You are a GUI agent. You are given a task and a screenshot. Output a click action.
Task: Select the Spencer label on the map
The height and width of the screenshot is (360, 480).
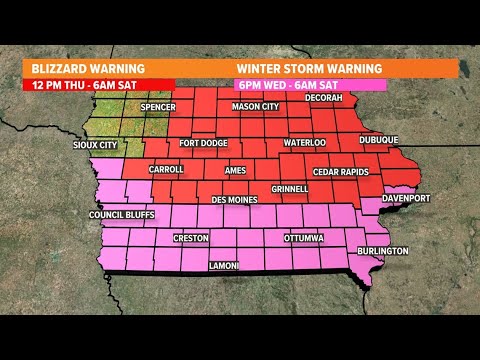click(x=158, y=107)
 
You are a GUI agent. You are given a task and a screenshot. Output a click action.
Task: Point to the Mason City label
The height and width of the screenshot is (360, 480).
click(x=255, y=107)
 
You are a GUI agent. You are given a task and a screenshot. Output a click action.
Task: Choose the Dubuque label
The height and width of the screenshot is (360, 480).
click(x=378, y=140)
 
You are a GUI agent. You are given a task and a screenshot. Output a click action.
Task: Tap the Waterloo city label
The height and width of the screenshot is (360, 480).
click(x=304, y=143)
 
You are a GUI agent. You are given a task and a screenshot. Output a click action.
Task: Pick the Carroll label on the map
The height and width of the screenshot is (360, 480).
click(x=166, y=169)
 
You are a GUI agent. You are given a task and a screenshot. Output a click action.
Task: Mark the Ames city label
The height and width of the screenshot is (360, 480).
click(x=235, y=171)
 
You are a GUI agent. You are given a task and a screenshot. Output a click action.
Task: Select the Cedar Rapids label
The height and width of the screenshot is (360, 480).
click(x=341, y=171)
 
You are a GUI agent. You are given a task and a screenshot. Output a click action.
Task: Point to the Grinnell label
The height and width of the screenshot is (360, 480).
click(x=289, y=188)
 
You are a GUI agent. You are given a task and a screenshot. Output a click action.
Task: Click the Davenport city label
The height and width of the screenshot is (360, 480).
click(x=405, y=198)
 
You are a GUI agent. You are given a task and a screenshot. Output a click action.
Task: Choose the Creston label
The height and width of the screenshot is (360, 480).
click(x=190, y=239)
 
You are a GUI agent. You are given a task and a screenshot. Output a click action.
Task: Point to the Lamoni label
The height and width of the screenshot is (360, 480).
click(x=224, y=266)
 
